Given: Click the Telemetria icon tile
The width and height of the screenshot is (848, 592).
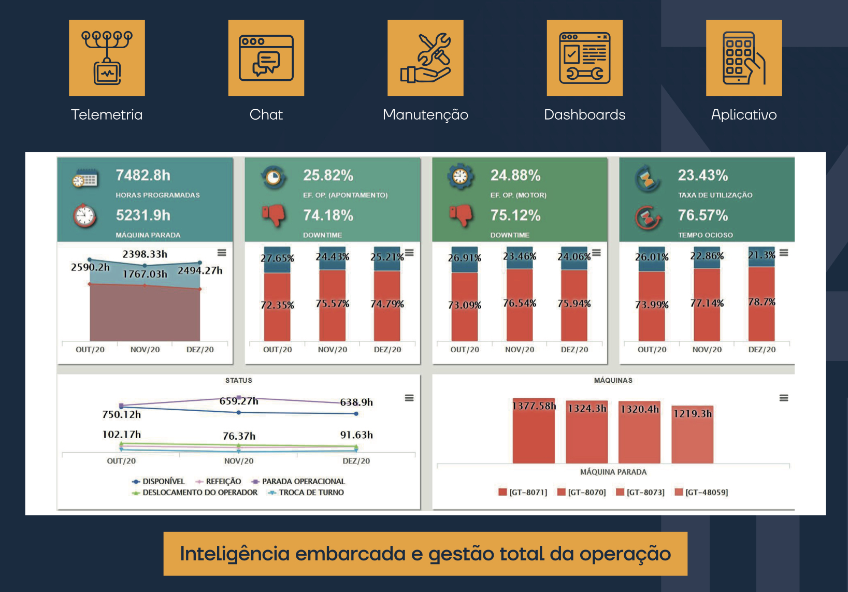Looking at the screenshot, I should (x=107, y=58).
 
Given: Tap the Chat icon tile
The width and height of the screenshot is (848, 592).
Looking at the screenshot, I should (x=266, y=58).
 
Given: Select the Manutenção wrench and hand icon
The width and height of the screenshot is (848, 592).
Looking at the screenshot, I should (x=425, y=58).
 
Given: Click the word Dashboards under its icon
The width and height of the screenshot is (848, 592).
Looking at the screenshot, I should (x=584, y=114).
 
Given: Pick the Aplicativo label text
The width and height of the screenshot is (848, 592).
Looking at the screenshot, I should (x=743, y=114).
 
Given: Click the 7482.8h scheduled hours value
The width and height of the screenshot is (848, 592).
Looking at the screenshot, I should (x=143, y=176).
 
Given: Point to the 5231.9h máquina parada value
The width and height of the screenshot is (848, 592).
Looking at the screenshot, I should (x=143, y=215).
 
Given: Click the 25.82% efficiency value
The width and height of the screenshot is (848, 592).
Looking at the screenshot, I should (x=328, y=176).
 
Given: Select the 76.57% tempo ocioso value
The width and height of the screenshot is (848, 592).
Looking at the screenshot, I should (x=703, y=215).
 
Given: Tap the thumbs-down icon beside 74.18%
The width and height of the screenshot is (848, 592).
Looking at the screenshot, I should (x=274, y=214).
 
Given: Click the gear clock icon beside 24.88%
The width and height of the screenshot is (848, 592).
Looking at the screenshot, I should (x=460, y=177).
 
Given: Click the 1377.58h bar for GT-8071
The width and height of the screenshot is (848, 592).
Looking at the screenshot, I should (x=534, y=435).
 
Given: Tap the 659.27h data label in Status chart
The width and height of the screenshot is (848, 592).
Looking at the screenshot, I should (x=239, y=401).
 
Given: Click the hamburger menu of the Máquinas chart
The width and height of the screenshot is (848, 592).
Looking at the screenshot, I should (x=784, y=398).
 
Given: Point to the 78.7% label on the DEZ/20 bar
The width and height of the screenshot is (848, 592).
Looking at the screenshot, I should (x=761, y=301).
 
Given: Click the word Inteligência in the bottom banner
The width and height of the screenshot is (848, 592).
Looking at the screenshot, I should (x=241, y=554).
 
